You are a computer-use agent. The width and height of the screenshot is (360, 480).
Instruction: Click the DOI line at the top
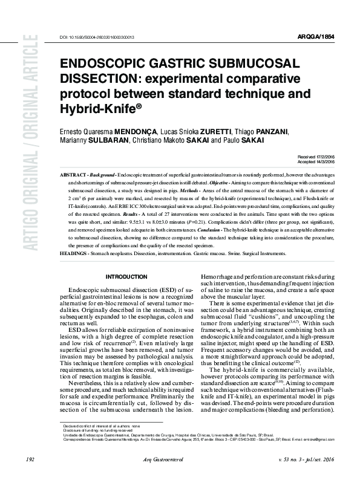point(97,37)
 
